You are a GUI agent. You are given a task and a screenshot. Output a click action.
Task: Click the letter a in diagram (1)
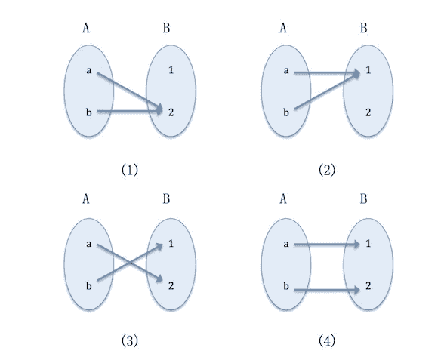point(88,70)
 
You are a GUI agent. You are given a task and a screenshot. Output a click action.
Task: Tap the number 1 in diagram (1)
point(171,70)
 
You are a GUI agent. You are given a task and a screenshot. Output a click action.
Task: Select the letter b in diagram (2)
point(286,112)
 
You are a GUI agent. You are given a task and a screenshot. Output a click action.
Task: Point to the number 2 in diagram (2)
point(368,112)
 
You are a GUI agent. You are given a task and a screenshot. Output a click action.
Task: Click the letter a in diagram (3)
point(88,244)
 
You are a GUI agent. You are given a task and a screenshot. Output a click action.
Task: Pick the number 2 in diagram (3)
point(171,286)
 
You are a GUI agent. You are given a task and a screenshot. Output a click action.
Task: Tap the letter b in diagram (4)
point(286,286)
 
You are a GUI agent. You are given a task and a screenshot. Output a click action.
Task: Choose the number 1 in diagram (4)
point(368,243)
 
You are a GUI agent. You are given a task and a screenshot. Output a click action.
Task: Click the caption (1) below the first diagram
point(130,170)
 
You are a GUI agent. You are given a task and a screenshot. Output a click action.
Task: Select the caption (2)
point(327,170)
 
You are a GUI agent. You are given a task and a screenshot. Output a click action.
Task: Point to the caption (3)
point(130,340)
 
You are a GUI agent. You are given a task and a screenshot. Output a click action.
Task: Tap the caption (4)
point(327,340)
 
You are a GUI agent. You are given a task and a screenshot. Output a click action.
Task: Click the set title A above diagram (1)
point(86,28)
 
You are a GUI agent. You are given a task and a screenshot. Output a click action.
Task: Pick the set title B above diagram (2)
point(364,28)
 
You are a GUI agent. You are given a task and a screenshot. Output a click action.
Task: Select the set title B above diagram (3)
point(166,198)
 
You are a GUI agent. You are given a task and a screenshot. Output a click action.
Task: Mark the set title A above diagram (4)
point(283,198)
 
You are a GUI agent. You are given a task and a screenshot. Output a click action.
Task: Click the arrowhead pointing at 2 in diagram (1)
point(159,109)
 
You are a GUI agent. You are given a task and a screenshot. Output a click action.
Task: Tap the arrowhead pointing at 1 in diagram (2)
point(356,74)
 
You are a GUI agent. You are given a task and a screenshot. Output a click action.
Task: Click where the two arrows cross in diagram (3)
point(130,263)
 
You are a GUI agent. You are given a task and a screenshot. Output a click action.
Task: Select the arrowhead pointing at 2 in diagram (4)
point(356,290)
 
